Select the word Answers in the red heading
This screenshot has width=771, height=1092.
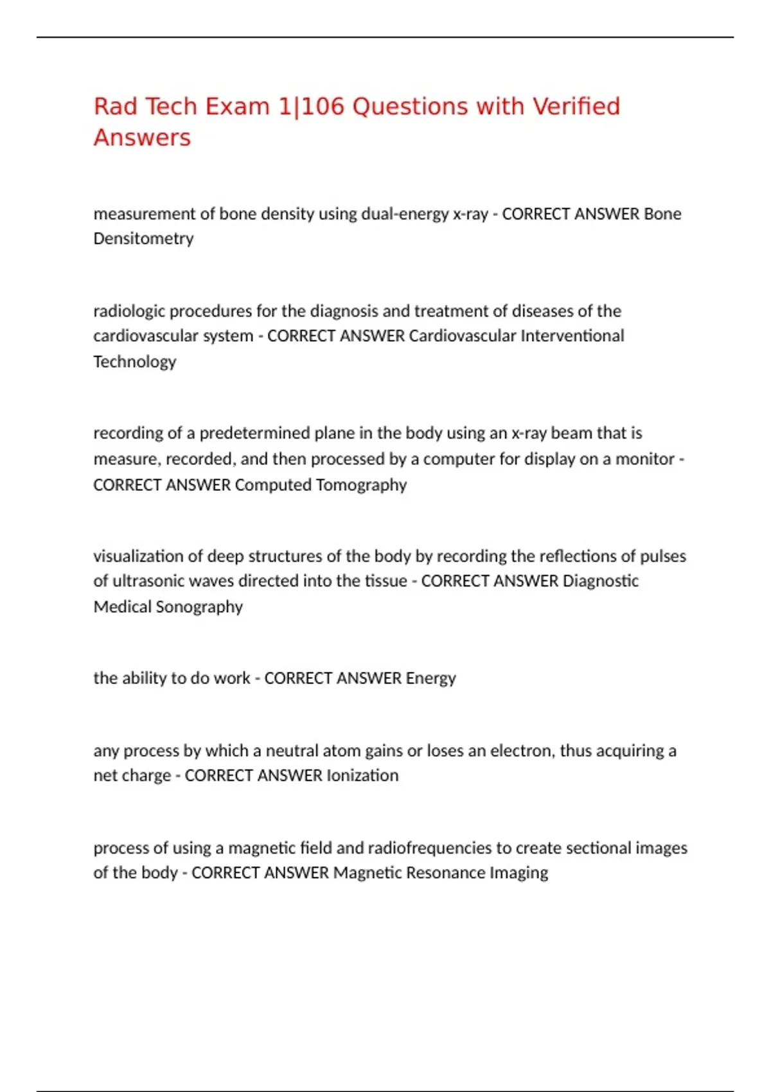(x=142, y=138)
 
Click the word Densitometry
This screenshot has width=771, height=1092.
(x=143, y=239)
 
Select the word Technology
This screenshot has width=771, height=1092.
(x=134, y=362)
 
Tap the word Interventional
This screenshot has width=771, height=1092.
(x=572, y=336)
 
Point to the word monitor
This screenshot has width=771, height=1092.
(x=644, y=459)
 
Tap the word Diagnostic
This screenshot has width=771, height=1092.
(x=600, y=581)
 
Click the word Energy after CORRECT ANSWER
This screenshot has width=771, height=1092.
(x=430, y=678)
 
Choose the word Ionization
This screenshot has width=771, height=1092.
(x=362, y=776)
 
